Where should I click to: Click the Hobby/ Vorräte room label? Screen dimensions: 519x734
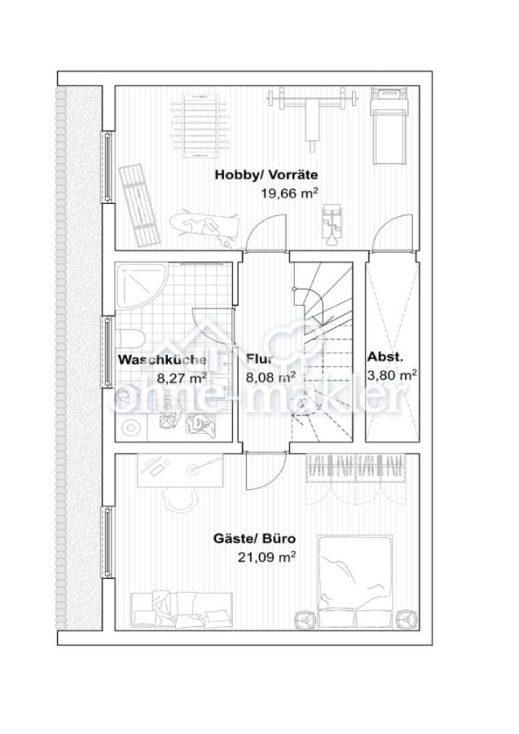click(x=266, y=175)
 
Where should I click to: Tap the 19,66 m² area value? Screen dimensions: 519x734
click(x=290, y=192)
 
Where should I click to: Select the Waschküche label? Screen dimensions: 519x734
click(x=162, y=360)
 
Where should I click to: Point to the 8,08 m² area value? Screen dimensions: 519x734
click(x=270, y=377)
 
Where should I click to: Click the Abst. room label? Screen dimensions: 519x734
click(x=385, y=356)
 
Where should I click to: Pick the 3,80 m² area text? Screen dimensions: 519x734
click(x=392, y=375)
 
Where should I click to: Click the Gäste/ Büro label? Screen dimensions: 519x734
click(x=254, y=539)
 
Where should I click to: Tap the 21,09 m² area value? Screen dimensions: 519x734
click(x=266, y=557)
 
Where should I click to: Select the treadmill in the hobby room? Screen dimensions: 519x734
click(x=389, y=126)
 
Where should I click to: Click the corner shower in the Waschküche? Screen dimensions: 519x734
click(x=142, y=285)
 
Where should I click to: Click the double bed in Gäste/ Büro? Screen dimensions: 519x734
click(x=354, y=581)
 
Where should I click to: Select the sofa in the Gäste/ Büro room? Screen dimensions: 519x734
click(x=182, y=609)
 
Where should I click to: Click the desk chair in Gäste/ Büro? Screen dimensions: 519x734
click(x=179, y=502)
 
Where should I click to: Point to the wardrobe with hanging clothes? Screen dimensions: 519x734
click(x=355, y=468)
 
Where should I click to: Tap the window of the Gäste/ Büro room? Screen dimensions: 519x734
click(x=108, y=542)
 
